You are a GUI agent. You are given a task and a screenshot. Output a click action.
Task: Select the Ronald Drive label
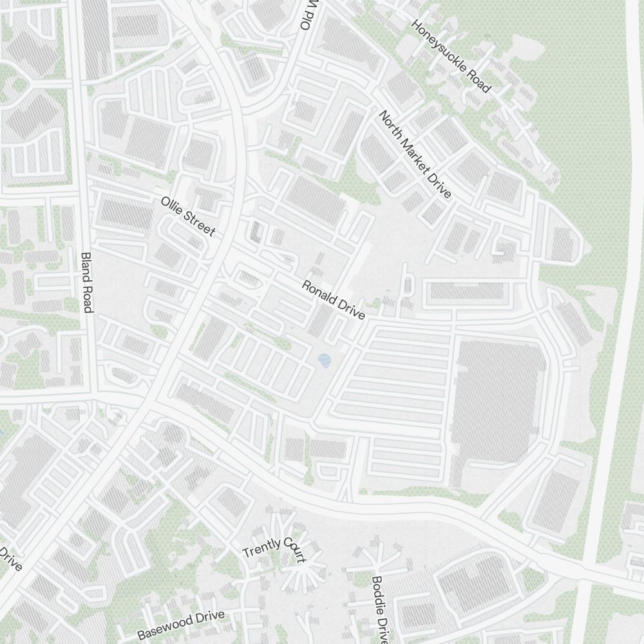tap(334, 300)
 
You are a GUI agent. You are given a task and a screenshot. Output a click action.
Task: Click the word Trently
tap(261, 549)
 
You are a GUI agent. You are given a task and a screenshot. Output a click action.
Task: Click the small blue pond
tap(324, 360)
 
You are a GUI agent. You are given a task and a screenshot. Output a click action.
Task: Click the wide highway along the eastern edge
tap(612, 322)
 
